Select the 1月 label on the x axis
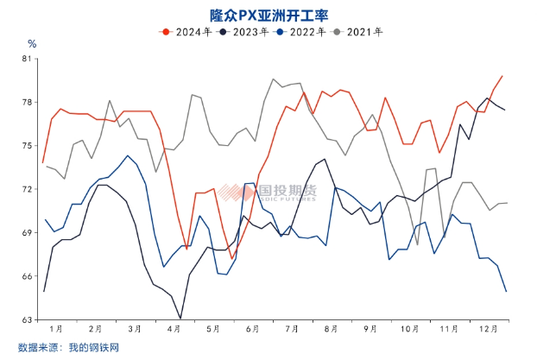click(56, 329)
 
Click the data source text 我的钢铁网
click(93, 347)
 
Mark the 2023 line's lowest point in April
click(180, 319)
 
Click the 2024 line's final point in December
click(503, 77)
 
